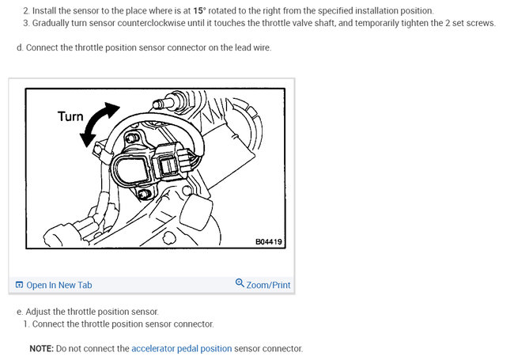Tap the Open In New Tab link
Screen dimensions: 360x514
click(x=59, y=285)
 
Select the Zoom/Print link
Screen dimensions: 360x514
click(x=268, y=285)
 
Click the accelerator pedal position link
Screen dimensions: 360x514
click(x=182, y=348)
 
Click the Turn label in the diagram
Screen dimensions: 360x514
click(x=70, y=116)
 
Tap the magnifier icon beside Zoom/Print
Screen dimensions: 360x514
click(x=240, y=284)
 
